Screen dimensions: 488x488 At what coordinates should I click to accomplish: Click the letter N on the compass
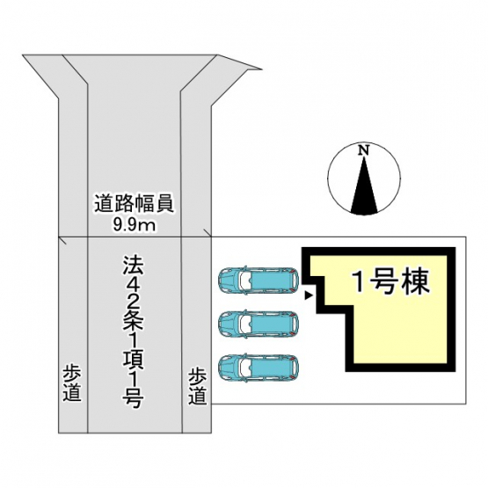pyautogui.click(x=363, y=150)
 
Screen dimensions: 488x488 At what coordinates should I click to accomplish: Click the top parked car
pyautogui.click(x=259, y=280)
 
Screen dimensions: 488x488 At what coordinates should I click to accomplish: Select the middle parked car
pyautogui.click(x=259, y=324)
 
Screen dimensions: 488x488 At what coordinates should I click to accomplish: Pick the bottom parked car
pyautogui.click(x=259, y=368)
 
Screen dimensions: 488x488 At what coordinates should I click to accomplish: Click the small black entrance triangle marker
pyautogui.click(x=308, y=295)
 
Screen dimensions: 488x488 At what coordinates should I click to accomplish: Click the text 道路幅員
pyautogui.click(x=135, y=204)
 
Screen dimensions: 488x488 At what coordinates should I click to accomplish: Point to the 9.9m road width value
pyautogui.click(x=135, y=225)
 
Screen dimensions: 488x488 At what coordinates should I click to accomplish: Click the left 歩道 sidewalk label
pyautogui.click(x=72, y=382)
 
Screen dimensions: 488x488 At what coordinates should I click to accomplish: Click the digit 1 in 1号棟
pyautogui.click(x=359, y=282)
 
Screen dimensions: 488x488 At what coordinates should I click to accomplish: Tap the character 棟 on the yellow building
pyautogui.click(x=416, y=281)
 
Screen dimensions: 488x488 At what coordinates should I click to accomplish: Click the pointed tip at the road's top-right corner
pyautogui.click(x=261, y=69)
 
